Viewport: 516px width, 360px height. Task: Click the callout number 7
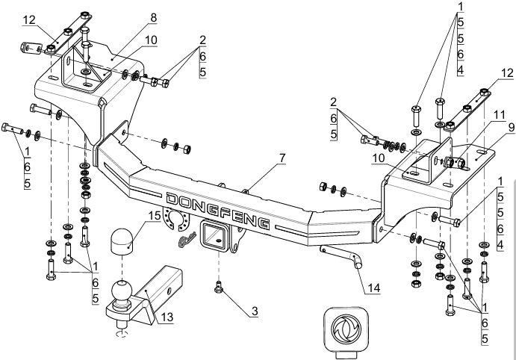click(x=282, y=158)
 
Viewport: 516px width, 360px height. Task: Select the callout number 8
click(x=153, y=18)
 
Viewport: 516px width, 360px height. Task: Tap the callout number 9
click(x=511, y=128)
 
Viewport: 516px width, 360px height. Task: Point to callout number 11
click(x=499, y=115)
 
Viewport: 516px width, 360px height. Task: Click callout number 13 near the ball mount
click(x=167, y=317)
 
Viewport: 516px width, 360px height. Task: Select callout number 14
click(x=373, y=288)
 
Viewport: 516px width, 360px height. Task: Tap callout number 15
click(x=155, y=216)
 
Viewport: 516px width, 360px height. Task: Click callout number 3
click(x=255, y=311)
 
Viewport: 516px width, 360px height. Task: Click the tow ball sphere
click(x=122, y=291)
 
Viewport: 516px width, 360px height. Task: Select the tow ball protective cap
click(x=122, y=241)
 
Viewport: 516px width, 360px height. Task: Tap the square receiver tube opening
click(x=213, y=235)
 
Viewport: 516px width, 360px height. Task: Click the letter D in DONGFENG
click(x=172, y=199)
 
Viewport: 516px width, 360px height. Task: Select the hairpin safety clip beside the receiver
click(x=187, y=239)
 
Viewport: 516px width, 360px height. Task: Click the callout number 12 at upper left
click(x=29, y=20)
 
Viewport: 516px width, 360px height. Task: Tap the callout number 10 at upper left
click(x=151, y=40)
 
